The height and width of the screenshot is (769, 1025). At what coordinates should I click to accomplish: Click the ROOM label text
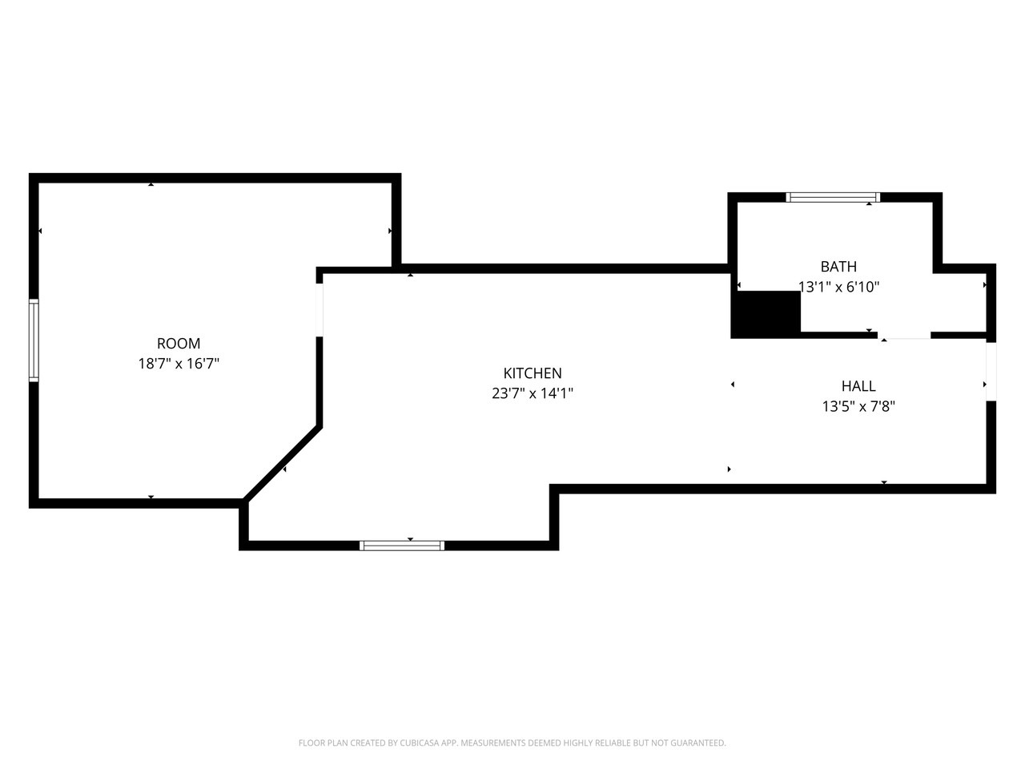(x=179, y=344)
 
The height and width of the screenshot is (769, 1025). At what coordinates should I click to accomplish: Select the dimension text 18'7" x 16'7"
(x=179, y=364)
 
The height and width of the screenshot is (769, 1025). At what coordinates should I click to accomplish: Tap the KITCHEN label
(x=533, y=373)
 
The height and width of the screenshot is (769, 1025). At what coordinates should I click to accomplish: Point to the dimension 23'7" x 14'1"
(x=533, y=393)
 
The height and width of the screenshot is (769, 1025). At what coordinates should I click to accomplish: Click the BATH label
(x=838, y=267)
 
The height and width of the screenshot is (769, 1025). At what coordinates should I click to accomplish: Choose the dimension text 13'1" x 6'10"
(x=838, y=287)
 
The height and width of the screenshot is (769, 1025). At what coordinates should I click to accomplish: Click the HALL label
(x=858, y=386)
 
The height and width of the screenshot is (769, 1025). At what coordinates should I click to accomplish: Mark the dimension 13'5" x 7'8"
(x=858, y=406)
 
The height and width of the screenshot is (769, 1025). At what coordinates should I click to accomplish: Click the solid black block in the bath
(x=767, y=313)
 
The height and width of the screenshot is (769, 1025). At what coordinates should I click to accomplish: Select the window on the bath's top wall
(x=833, y=197)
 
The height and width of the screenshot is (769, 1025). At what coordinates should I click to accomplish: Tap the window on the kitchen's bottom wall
(x=402, y=546)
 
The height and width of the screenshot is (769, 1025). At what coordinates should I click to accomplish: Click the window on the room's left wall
(x=34, y=340)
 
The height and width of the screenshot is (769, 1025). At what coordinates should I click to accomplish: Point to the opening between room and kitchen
(x=320, y=309)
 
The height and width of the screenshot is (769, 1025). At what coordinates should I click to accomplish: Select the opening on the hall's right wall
(x=991, y=372)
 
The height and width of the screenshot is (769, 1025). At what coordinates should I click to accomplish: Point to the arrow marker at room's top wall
(x=151, y=185)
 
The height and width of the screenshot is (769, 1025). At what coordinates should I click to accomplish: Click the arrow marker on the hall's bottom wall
(x=884, y=482)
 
